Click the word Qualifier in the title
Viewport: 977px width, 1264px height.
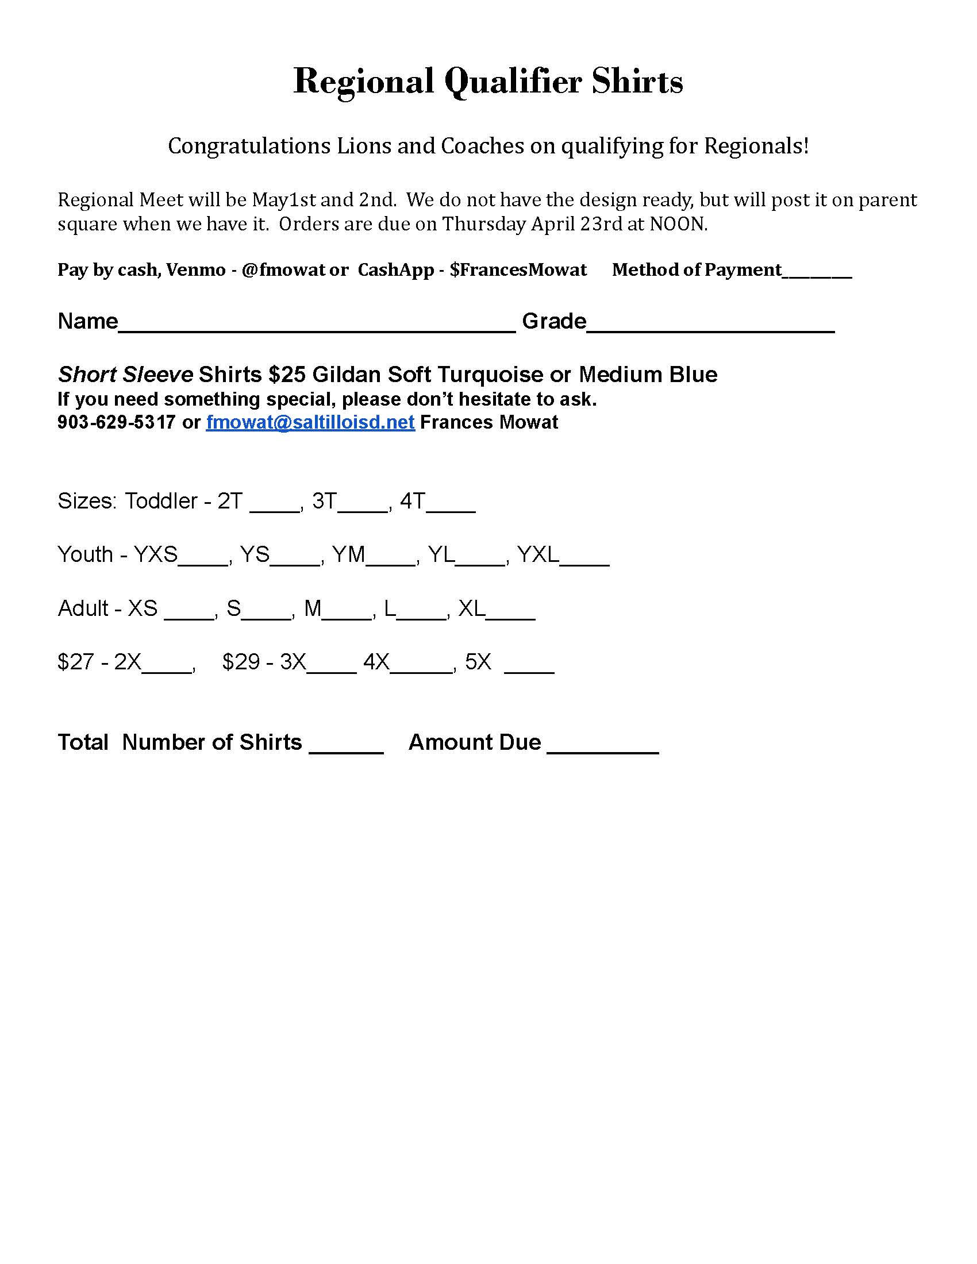[x=512, y=82]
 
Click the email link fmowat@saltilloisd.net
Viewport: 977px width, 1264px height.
[x=310, y=422]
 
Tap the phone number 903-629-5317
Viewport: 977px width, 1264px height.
[x=116, y=422]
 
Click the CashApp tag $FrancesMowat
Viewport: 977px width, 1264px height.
[x=518, y=270]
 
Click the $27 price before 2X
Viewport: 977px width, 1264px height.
[x=75, y=662]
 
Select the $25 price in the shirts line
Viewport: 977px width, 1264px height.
[x=287, y=375]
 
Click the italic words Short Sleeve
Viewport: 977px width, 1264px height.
[x=125, y=375]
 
